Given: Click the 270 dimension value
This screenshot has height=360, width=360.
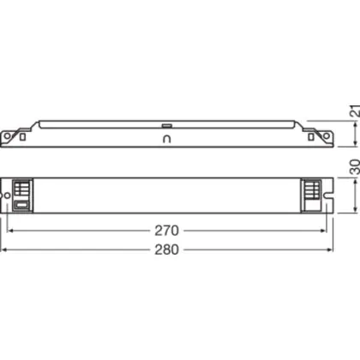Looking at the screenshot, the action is coord(166,231).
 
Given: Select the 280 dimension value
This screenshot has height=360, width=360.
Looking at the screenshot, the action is coord(166,249).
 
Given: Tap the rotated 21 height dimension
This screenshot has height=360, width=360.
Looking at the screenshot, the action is coord(355,111).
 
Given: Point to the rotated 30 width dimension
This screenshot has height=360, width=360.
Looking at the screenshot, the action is coord(355,167).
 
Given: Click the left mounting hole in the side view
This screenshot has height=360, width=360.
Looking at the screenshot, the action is coord(7,136).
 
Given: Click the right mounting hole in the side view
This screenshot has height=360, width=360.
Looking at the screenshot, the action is coord(326,136).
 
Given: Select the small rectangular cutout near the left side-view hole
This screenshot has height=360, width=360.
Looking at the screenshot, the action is coord(22,137).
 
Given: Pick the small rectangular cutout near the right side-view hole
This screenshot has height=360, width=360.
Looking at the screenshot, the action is coord(311,137).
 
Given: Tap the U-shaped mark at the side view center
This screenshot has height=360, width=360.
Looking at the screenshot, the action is coord(166,139).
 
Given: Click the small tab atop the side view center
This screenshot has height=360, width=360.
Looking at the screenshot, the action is coord(166,125).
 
